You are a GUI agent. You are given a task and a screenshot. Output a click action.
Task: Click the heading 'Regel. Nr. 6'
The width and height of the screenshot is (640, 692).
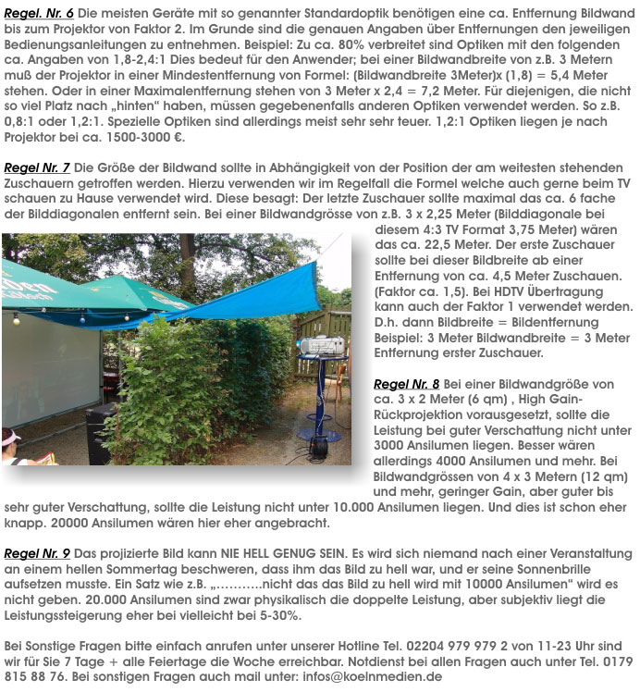[x=40, y=15]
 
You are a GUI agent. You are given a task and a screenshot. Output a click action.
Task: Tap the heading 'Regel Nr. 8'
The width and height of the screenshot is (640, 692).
[x=406, y=383]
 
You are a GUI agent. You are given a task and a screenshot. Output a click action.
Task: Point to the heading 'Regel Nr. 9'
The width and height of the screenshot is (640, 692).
[x=37, y=553]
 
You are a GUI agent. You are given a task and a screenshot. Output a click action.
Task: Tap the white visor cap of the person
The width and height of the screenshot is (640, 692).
[x=9, y=436]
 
